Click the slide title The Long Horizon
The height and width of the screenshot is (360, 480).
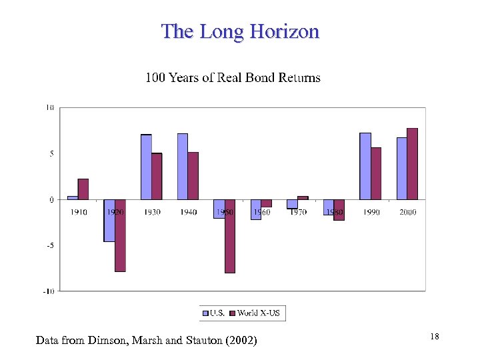point(240,31)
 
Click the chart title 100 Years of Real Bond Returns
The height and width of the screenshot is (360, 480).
point(233,78)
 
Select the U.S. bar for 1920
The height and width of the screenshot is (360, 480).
point(109,220)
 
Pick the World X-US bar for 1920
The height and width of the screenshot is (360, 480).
point(120,235)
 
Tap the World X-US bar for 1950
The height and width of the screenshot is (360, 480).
point(230,235)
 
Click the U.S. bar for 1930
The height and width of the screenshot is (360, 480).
point(146,167)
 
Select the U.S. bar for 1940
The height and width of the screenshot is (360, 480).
point(183,166)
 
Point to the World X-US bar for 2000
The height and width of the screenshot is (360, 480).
point(412,163)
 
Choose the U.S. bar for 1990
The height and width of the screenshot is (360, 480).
point(365,166)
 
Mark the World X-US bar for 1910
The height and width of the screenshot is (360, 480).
point(83,189)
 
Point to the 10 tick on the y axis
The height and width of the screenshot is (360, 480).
point(50,107)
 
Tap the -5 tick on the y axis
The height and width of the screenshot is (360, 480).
point(50,245)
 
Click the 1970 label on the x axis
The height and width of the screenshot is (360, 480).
point(298,212)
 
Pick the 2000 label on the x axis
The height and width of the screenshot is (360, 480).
point(407,212)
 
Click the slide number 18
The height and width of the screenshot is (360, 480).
point(434,337)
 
